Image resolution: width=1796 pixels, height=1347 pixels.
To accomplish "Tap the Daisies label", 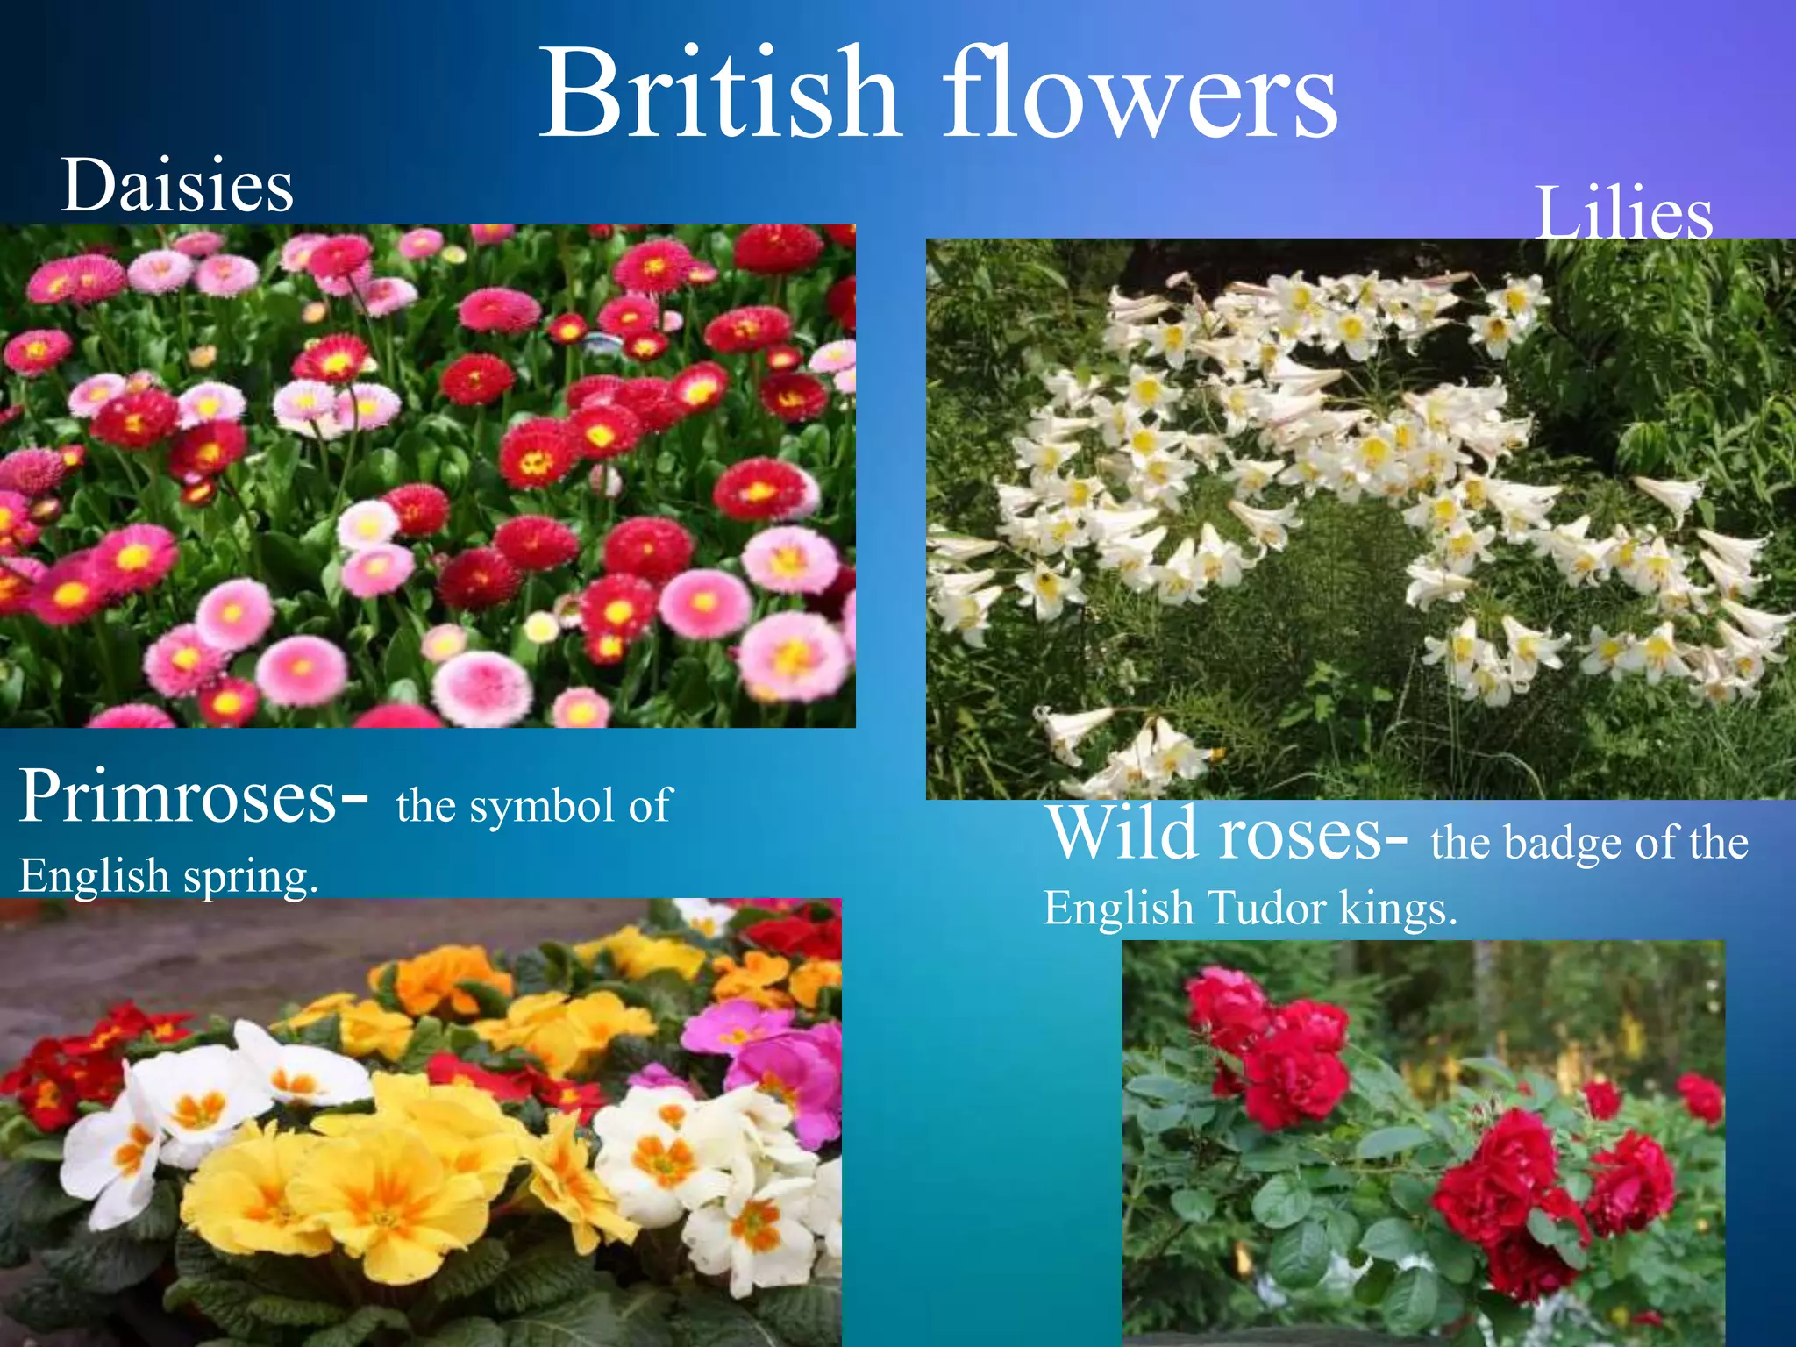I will click(177, 186).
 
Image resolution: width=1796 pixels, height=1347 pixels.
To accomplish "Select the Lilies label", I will click(1623, 213).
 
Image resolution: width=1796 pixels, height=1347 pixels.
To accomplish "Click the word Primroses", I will click(178, 795).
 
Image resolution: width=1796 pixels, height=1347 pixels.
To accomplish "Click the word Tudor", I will click(1266, 908).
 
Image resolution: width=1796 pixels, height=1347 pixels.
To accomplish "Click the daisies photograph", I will click(427, 475).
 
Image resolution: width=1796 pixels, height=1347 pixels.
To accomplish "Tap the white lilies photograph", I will click(1360, 518).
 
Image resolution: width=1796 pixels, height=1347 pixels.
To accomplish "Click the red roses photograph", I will click(1423, 1143).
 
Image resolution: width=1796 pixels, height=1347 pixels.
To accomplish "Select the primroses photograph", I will click(420, 1122).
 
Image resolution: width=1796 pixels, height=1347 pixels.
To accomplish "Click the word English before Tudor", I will click(1117, 908).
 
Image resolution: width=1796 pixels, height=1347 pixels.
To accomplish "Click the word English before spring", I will click(94, 875).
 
